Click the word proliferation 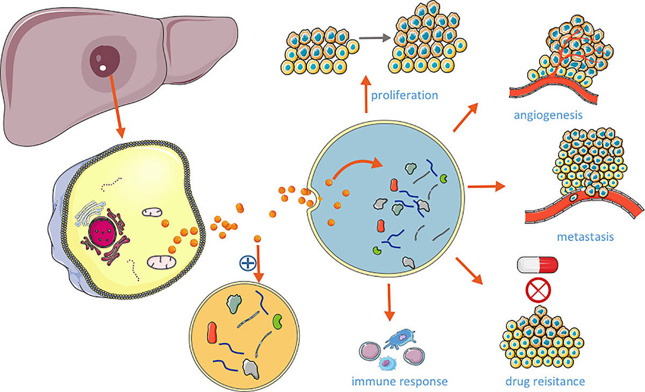click(x=404, y=96)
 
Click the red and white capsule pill click(x=537, y=264)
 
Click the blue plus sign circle click(x=247, y=263)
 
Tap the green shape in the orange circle click(x=278, y=321)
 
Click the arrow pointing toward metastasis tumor click(x=487, y=187)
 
